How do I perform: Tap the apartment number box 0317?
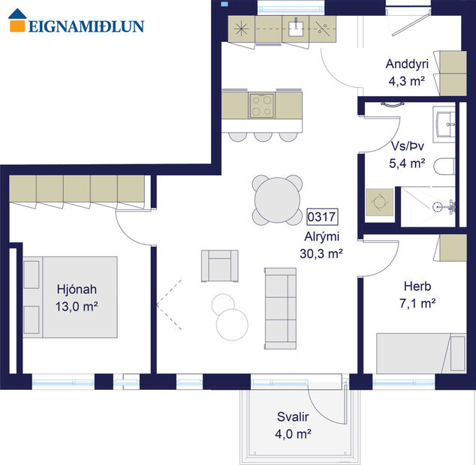click(321, 217)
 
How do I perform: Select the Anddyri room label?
click(406, 64)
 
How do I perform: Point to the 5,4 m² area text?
click(407, 162)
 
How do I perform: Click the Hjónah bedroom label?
click(77, 289)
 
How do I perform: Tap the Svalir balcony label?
click(293, 418)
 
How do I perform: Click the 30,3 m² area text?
click(321, 253)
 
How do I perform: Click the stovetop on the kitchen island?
click(261, 105)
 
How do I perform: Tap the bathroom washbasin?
click(446, 122)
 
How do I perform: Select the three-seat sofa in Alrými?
click(281, 307)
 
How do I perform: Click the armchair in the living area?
click(219, 265)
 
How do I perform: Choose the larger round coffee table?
click(232, 324)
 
